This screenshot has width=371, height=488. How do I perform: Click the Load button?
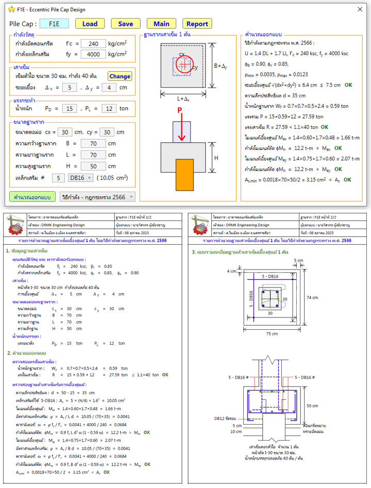[90, 24]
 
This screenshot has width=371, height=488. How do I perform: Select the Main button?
[161, 24]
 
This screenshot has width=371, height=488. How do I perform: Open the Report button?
[197, 24]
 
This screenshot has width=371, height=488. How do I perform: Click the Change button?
[120, 76]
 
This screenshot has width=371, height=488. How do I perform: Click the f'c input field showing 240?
[93, 44]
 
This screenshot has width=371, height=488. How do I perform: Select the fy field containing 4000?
[93, 54]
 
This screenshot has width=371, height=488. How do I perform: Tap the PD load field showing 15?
[69, 109]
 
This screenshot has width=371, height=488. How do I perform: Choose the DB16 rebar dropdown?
[80, 178]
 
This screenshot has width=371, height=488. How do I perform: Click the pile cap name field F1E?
[54, 24]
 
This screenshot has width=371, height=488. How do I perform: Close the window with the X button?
[360, 9]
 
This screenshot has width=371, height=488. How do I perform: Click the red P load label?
[180, 111]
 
